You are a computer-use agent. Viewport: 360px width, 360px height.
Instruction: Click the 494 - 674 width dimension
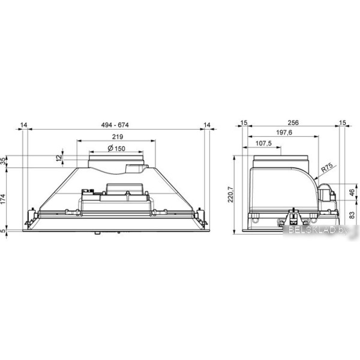[x=115, y=125]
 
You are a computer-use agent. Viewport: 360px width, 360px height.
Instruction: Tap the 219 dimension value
[x=118, y=137]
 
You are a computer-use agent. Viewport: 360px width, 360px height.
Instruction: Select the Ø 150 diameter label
[x=116, y=149]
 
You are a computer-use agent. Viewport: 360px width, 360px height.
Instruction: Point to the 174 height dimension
[x=3, y=199]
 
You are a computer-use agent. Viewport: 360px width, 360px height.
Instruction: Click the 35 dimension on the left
[x=3, y=161]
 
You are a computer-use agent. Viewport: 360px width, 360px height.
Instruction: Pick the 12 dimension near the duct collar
[x=59, y=158]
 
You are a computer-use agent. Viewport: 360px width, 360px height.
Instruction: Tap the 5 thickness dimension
[x=3, y=230]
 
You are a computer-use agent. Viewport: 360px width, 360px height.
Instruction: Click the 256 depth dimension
[x=293, y=122]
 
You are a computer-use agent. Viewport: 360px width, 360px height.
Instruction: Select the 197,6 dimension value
[x=284, y=133]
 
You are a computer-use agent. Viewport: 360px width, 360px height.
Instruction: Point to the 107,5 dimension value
[x=263, y=143]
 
